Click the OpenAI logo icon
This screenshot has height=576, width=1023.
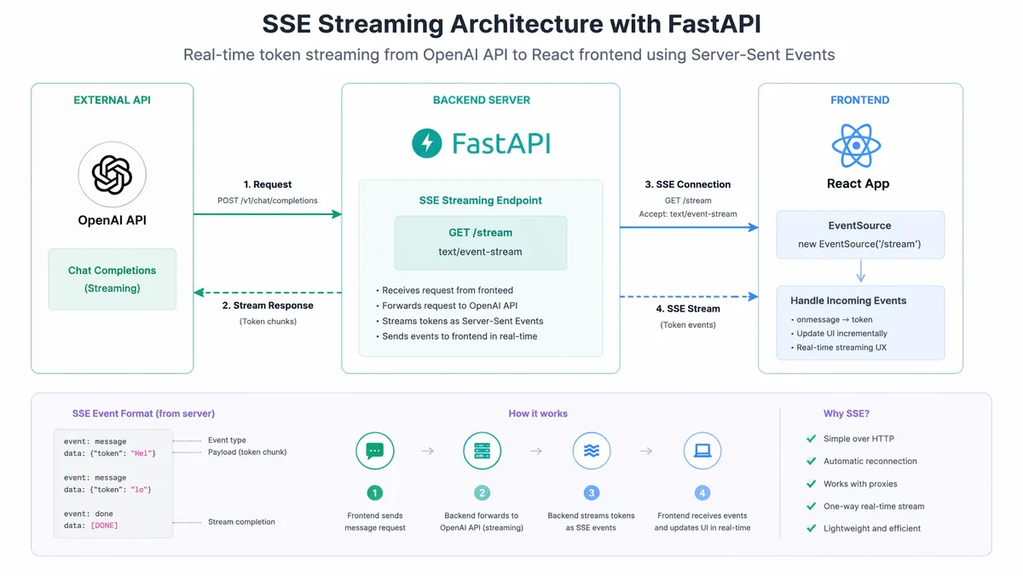(112, 175)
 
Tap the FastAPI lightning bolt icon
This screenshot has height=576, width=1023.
(426, 143)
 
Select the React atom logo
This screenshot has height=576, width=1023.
(856, 145)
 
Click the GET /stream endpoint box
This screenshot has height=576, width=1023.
(481, 242)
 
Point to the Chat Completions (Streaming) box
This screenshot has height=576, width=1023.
(112, 279)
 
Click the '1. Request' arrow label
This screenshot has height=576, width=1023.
(267, 184)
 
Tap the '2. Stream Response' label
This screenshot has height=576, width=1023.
(268, 305)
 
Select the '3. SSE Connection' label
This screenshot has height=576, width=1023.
(687, 184)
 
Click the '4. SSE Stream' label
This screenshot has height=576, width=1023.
(688, 309)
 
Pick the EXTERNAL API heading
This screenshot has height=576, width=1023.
(112, 100)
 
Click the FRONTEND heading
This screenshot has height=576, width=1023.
(859, 100)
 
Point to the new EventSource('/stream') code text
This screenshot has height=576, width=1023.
(859, 244)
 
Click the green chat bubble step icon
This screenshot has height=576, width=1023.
(374, 451)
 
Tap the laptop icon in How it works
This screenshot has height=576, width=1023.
(702, 451)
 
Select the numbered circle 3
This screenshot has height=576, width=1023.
(591, 493)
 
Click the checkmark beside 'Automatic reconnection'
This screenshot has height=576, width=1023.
(811, 461)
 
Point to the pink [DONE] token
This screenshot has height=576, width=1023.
(104, 526)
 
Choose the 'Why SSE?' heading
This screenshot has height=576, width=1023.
(847, 414)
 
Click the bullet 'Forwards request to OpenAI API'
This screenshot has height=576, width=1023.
(447, 305)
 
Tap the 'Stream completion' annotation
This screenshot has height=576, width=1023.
(241, 522)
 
